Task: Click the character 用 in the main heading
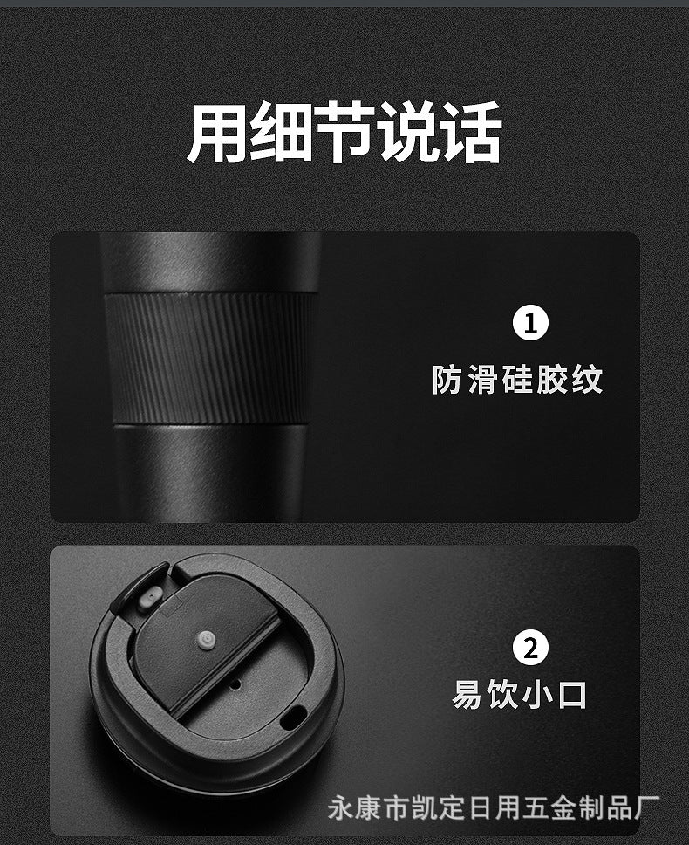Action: tap(217, 132)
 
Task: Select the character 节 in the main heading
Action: tap(344, 132)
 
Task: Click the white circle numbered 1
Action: tap(530, 323)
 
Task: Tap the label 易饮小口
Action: tap(519, 695)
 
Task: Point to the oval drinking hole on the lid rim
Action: tap(293, 718)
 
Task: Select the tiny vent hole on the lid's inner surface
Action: tap(235, 684)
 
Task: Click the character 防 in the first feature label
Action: tap(447, 380)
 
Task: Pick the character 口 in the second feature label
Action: tap(572, 695)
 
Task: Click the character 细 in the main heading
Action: tap(281, 132)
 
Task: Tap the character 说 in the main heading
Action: tap(407, 132)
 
